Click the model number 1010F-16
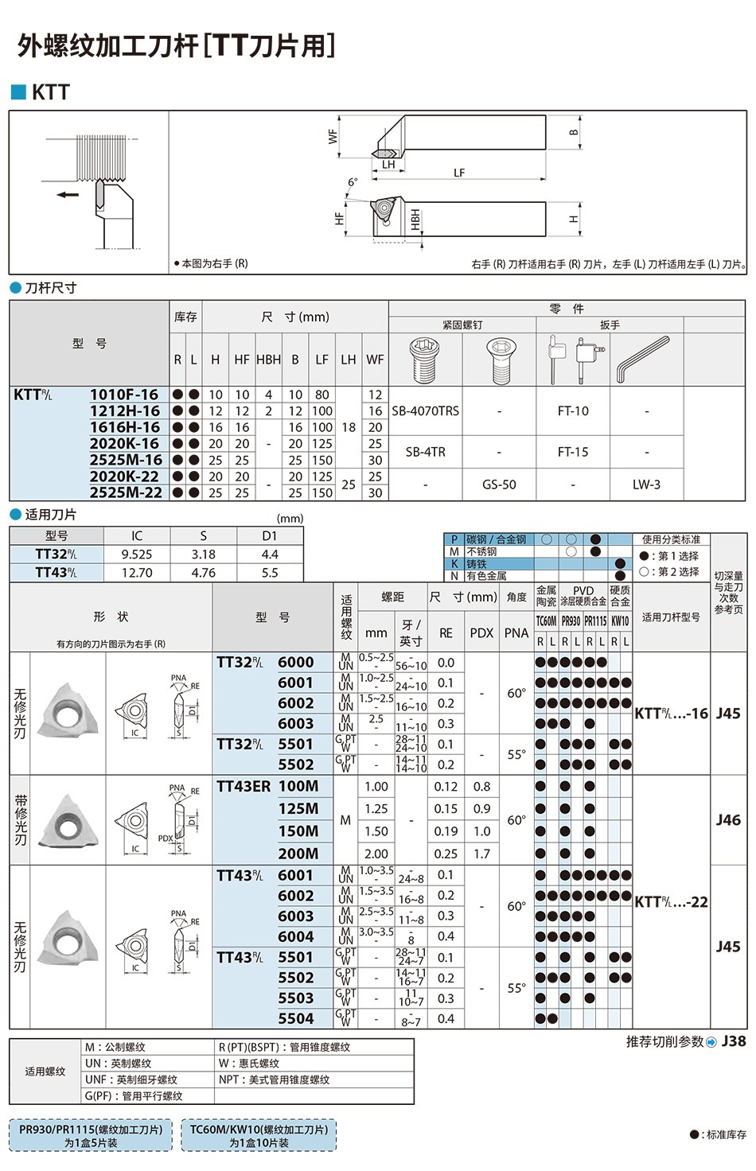coord(124,395)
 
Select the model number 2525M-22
coord(126,492)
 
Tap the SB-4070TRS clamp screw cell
coord(425,411)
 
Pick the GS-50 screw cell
coord(499,484)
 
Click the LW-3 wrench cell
coord(646,484)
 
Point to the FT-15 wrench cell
coord(573,452)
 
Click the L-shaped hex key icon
coord(643,359)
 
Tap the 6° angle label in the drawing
coord(353,183)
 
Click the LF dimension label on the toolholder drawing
coord(459,173)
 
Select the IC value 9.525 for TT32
coord(137,554)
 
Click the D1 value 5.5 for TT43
coord(270,573)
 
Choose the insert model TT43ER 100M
coord(267,786)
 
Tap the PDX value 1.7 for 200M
coord(481,854)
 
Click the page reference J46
coord(727,819)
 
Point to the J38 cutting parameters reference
coord(733,1041)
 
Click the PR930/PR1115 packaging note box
coord(91,1135)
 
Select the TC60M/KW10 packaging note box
coord(259,1135)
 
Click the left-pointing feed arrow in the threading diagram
coord(68,194)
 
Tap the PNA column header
coord(516,633)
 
